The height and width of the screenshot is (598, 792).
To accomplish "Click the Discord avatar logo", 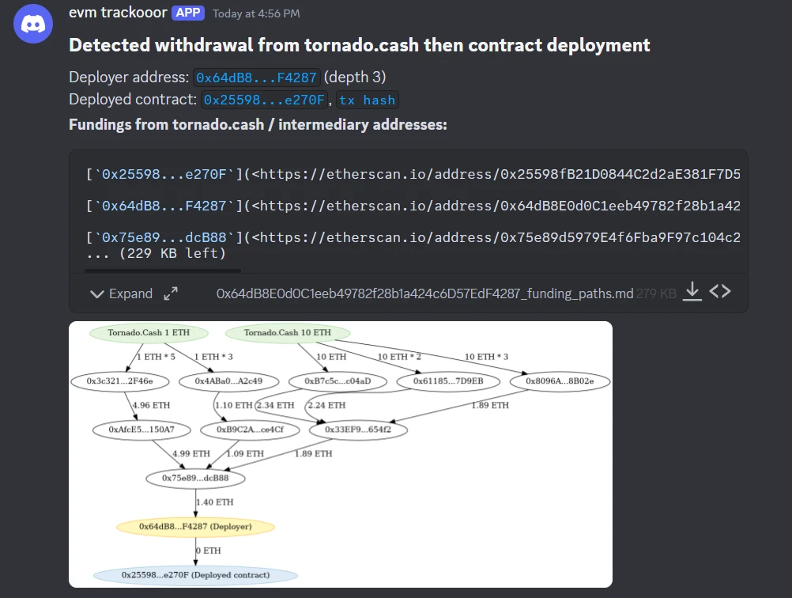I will tap(33, 25).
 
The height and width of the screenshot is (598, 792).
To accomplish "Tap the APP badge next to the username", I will tap(187, 13).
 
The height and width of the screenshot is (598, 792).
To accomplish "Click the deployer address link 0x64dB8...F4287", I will tap(256, 78).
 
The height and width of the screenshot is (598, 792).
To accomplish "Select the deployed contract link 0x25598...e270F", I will tap(264, 100).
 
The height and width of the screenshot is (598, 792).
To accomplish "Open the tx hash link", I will tap(368, 100).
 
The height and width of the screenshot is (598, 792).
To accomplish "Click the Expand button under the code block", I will tap(122, 293).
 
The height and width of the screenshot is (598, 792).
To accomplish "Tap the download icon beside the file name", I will tap(692, 292).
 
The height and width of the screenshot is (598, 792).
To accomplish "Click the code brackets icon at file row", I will tap(719, 292).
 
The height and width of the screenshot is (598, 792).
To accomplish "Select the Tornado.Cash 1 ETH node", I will tap(149, 333).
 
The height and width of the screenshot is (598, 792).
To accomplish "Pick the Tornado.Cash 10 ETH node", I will tap(287, 333).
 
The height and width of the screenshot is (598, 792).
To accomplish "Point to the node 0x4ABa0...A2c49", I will tap(229, 381).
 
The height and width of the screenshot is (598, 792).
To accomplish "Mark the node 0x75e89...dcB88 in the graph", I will tap(195, 479).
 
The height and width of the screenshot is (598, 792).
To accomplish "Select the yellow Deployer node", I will tap(195, 527).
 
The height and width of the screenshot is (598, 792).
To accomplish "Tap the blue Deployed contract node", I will tap(195, 575).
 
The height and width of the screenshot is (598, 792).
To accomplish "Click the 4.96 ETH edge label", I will tap(150, 405).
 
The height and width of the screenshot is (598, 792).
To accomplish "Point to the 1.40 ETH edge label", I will tap(214, 502).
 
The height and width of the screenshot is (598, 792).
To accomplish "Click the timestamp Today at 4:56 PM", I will tap(256, 13).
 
